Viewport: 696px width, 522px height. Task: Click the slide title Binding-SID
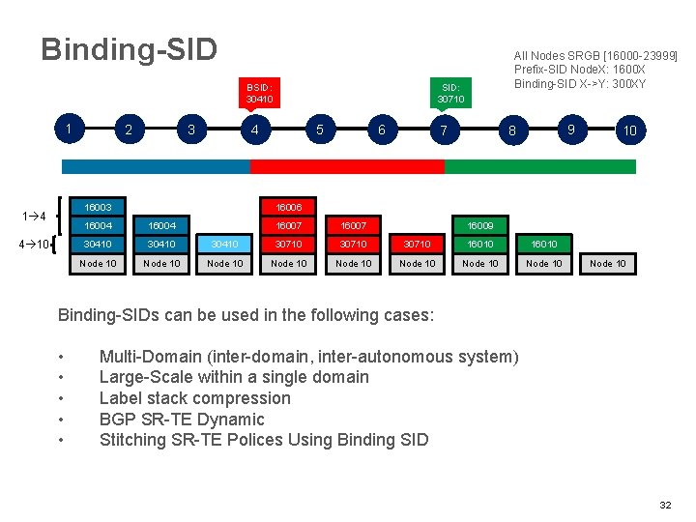[x=129, y=49]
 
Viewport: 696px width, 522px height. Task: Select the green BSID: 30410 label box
[x=259, y=92]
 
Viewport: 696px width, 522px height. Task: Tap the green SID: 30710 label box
[x=450, y=92]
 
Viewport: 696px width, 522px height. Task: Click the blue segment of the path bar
[x=155, y=166]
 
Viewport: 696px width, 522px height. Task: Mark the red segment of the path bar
[x=347, y=166]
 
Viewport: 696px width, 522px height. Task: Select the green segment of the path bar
[x=539, y=166]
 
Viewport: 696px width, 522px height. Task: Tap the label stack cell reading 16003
[x=98, y=207]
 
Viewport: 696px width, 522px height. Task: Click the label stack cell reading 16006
[x=289, y=207]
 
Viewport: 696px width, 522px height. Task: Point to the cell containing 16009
[x=480, y=225]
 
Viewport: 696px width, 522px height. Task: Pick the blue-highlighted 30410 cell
[x=225, y=245]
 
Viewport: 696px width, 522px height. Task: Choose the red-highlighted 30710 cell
[x=417, y=245]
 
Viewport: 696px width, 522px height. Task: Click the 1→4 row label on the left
[x=35, y=215]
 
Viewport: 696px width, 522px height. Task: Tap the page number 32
[x=664, y=505]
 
